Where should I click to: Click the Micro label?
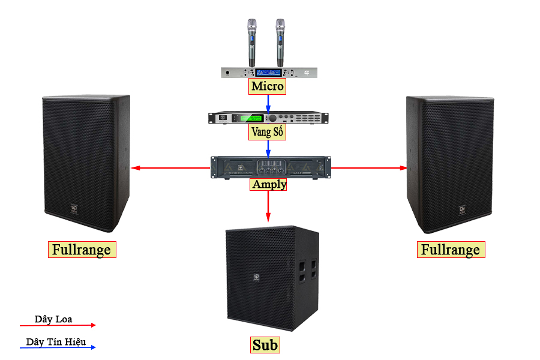click(x=268, y=86)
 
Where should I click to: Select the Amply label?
click(x=269, y=184)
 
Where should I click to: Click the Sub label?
click(x=265, y=345)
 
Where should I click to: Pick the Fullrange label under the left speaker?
click(x=82, y=250)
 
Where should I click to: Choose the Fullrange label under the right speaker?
click(x=451, y=250)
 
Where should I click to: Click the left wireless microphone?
click(x=251, y=42)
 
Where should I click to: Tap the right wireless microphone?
click(x=280, y=42)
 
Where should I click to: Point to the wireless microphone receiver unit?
click(x=268, y=73)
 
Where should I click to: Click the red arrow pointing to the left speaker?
click(x=171, y=168)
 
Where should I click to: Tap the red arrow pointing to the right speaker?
click(x=368, y=168)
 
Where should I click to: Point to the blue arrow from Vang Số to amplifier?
click(x=268, y=148)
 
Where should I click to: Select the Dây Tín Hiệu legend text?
click(x=56, y=342)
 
